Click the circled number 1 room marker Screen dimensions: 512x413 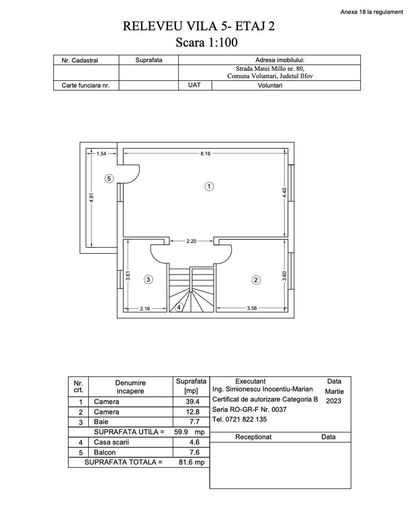coord(209,186)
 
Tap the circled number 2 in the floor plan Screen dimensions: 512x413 coord(256,280)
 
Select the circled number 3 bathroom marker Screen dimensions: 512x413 coord(148,280)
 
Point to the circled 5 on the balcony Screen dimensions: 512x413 coord(109,179)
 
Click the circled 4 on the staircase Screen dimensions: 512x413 coord(179,307)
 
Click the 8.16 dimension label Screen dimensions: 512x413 coord(205,154)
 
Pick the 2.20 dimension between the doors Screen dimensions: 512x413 coord(192,241)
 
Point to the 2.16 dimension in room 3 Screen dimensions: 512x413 coord(145,309)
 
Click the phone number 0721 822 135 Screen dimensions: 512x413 coord(240,419)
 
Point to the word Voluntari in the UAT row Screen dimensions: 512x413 coord(270,86)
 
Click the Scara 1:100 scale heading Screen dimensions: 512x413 coord(206,43)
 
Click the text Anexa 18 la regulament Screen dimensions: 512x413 coord(372,12)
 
